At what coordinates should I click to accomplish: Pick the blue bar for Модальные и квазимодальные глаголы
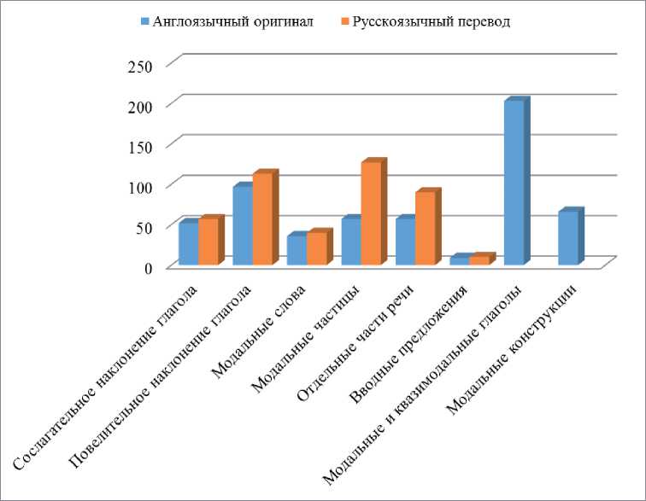point(514,184)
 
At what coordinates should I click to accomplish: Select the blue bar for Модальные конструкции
point(567,238)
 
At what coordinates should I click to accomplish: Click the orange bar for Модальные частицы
point(371,213)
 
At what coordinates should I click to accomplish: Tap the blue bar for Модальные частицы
point(350,242)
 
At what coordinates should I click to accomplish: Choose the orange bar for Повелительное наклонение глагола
point(262,219)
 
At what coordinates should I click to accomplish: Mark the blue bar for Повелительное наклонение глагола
point(242,226)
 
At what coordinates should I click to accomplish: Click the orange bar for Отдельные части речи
point(425,229)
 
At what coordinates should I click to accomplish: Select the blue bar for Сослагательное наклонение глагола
point(188,244)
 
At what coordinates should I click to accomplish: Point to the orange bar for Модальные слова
point(316,249)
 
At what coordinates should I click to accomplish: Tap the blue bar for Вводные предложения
point(459,261)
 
